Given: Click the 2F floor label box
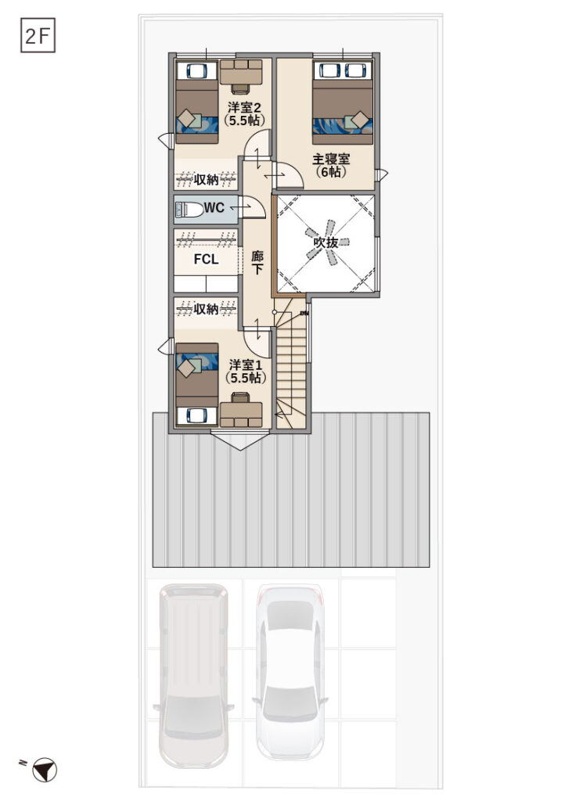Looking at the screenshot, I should (38, 37).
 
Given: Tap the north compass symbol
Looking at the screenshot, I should (45, 770).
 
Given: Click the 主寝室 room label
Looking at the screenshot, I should (331, 164).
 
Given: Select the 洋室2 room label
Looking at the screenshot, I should (245, 113).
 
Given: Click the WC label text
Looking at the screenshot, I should (214, 208).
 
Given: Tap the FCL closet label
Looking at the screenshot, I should (206, 259).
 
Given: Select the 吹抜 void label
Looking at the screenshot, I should (326, 243).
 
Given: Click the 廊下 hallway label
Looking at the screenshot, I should (257, 262).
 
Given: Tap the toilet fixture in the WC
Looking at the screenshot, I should (187, 209).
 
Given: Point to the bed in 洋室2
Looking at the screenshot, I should (196, 112).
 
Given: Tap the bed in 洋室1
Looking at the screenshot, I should (196, 375).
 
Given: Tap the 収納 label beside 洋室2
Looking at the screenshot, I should (207, 180).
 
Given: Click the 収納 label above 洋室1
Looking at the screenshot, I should (207, 309).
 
